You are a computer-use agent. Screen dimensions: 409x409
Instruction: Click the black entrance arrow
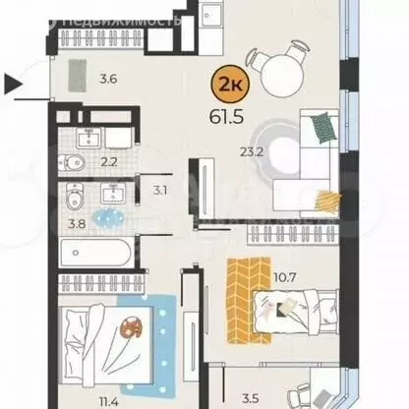click(13, 87)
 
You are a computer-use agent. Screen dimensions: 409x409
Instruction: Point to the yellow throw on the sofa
click(323, 200)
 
